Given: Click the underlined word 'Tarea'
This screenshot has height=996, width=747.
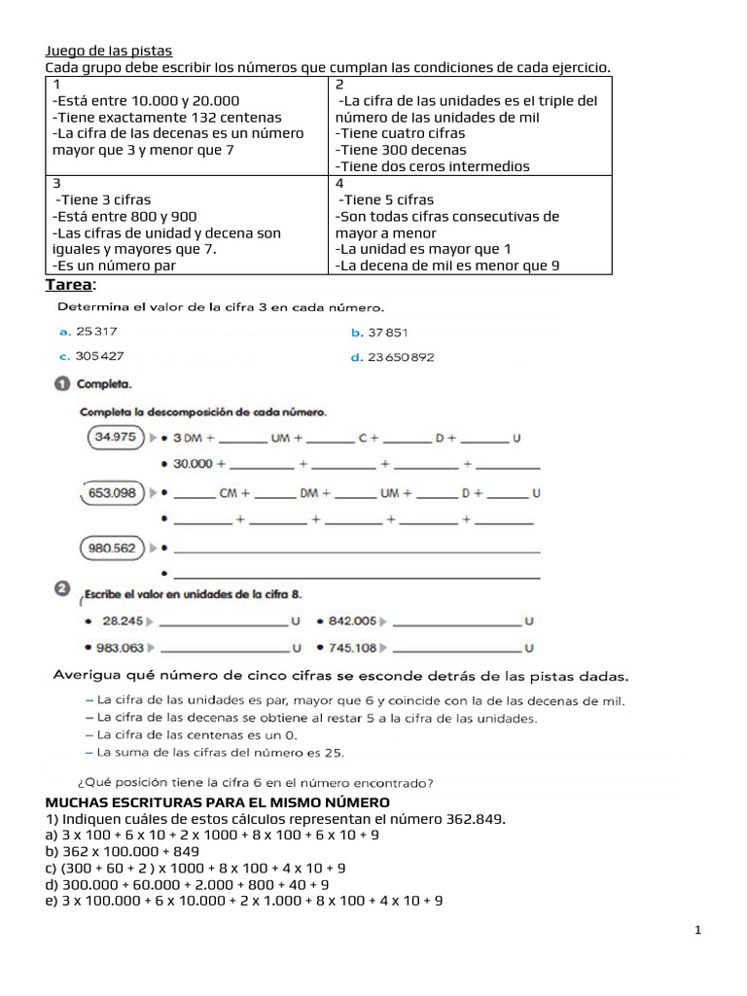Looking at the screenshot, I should pos(69,284).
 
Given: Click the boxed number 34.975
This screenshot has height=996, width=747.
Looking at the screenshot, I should pos(115,438).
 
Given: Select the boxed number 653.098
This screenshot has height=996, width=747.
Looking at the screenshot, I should pos(113,493).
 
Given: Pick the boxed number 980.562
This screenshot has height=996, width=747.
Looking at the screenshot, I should pos(112,548).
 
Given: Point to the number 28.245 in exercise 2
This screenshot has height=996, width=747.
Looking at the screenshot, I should pos(123,621).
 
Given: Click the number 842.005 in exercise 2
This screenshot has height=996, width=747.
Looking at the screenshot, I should pos(352,621).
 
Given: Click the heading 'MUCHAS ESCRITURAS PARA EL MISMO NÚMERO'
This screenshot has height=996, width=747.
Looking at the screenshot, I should pos(218,802).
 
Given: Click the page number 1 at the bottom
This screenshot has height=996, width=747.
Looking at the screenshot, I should pos(697,931).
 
